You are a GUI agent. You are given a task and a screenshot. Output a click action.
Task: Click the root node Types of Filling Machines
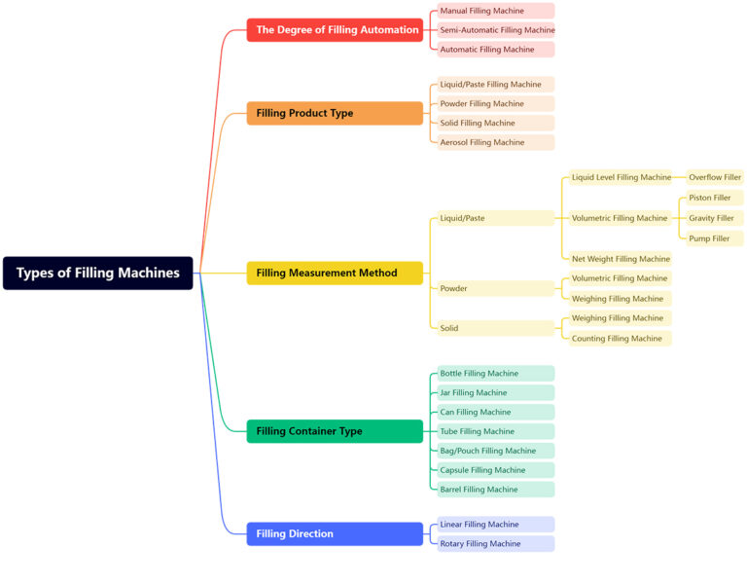(x=97, y=273)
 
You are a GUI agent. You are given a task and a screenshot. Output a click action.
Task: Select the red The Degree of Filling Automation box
(x=335, y=30)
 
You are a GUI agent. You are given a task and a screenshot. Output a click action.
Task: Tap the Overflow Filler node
(x=714, y=177)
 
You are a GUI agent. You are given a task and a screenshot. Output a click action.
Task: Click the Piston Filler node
(x=711, y=198)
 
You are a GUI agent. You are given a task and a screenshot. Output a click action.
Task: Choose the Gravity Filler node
(x=711, y=218)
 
